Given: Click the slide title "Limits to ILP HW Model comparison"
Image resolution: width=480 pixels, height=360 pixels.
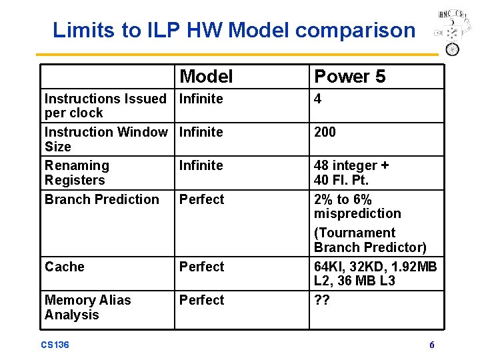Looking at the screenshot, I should pos(234,30).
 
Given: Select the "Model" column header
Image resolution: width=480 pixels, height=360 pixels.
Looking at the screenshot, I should pos(206,77).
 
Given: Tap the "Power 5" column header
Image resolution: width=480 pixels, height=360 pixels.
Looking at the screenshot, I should pos(349,77).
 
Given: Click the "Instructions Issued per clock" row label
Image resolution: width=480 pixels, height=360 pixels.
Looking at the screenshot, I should pos(105,105).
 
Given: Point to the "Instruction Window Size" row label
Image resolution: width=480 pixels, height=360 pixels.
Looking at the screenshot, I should pos(105,139).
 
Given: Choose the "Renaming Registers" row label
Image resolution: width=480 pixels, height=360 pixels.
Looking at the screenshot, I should pos(77,172).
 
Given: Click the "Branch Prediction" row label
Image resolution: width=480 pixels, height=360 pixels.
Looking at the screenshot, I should pos(102,199).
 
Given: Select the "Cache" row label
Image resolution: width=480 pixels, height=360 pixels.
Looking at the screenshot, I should pos(65,267).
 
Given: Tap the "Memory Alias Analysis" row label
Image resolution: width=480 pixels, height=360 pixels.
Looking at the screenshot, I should pos(87,307).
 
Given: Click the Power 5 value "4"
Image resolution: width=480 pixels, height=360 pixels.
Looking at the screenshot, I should pos(318,99).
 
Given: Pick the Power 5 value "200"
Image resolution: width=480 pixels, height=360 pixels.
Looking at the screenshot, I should pos(325,132).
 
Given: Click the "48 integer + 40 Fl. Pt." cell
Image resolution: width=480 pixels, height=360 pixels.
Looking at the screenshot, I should pos(351,172).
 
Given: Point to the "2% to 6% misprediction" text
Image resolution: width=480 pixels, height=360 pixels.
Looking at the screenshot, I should pos(357,206).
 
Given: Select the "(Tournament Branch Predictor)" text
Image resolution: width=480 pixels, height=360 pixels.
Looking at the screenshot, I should pos(370,240).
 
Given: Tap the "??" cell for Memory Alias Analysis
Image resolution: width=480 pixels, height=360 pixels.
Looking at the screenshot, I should pos(323,300).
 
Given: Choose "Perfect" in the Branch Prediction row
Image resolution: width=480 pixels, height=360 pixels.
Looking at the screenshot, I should pos(202,199).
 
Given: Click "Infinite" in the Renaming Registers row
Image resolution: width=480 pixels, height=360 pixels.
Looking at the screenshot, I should pos(201,165).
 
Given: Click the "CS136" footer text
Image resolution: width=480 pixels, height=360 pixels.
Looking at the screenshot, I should pos(55,345).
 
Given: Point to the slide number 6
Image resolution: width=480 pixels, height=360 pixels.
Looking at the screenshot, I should pos(432,345).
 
